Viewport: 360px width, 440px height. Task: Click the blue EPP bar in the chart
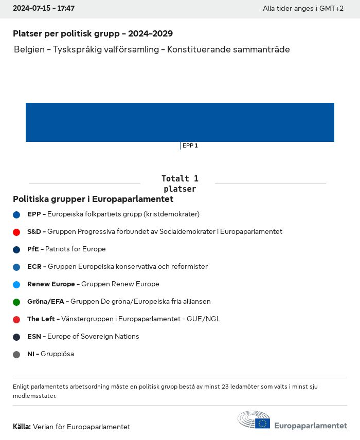pos(180,122)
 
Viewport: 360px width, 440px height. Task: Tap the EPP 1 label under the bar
pos(190,145)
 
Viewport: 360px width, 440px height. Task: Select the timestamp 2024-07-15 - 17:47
pos(44,9)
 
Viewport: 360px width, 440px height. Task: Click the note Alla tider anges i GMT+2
pos(303,9)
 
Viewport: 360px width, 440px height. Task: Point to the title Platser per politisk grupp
pos(93,34)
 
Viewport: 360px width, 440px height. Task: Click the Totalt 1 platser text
pos(179,184)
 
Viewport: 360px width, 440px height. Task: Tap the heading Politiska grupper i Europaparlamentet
pos(93,199)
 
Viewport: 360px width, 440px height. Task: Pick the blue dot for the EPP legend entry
pos(16,214)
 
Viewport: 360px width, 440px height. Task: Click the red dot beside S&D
pos(16,232)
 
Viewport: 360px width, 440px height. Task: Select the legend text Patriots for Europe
pos(75,249)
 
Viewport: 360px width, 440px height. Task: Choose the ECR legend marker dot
pos(16,267)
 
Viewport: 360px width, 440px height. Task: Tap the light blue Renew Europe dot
pos(16,284)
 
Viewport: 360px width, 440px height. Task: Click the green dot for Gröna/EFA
pos(16,302)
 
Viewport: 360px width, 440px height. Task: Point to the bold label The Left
pos(41,319)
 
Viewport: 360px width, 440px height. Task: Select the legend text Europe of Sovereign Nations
pos(93,337)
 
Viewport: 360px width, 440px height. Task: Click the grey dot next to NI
pos(16,354)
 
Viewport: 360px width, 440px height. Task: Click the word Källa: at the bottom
pos(22,427)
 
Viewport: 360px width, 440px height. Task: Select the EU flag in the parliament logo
pos(263,423)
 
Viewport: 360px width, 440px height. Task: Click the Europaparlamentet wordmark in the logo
pos(311,426)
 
